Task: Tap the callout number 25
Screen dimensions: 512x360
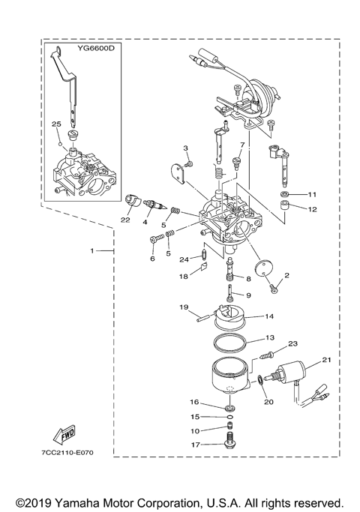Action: point(56,123)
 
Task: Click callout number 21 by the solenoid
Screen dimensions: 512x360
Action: point(325,361)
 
